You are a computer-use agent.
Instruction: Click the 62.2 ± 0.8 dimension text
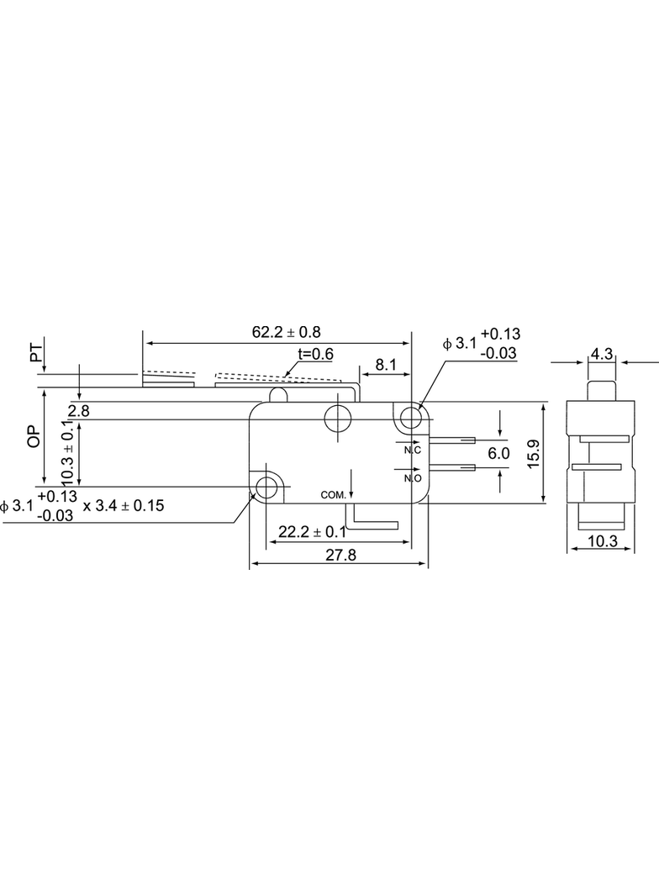coord(287,332)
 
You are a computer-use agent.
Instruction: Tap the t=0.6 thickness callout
coord(315,355)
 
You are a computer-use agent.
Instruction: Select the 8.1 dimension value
coord(386,365)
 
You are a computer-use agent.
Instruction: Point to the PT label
coord(36,352)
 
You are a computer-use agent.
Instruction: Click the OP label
coord(34,436)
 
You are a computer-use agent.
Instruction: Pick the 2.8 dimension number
coord(79,411)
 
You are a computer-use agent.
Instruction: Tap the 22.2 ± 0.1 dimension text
coord(312,532)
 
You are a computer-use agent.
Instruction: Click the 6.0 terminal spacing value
coord(498,454)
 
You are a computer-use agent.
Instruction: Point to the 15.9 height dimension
coord(534,454)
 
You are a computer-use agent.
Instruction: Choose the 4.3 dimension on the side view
coord(601,355)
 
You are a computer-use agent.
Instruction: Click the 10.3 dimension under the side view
coord(603,540)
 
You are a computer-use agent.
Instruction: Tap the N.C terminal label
coord(413,451)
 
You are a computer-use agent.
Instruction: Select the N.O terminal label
coord(413,478)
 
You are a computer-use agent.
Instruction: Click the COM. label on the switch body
coord(334,495)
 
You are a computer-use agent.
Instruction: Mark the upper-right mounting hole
coord(410,419)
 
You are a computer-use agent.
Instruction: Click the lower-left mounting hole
coord(266,488)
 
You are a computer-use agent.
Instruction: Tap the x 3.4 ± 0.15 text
coord(124,506)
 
